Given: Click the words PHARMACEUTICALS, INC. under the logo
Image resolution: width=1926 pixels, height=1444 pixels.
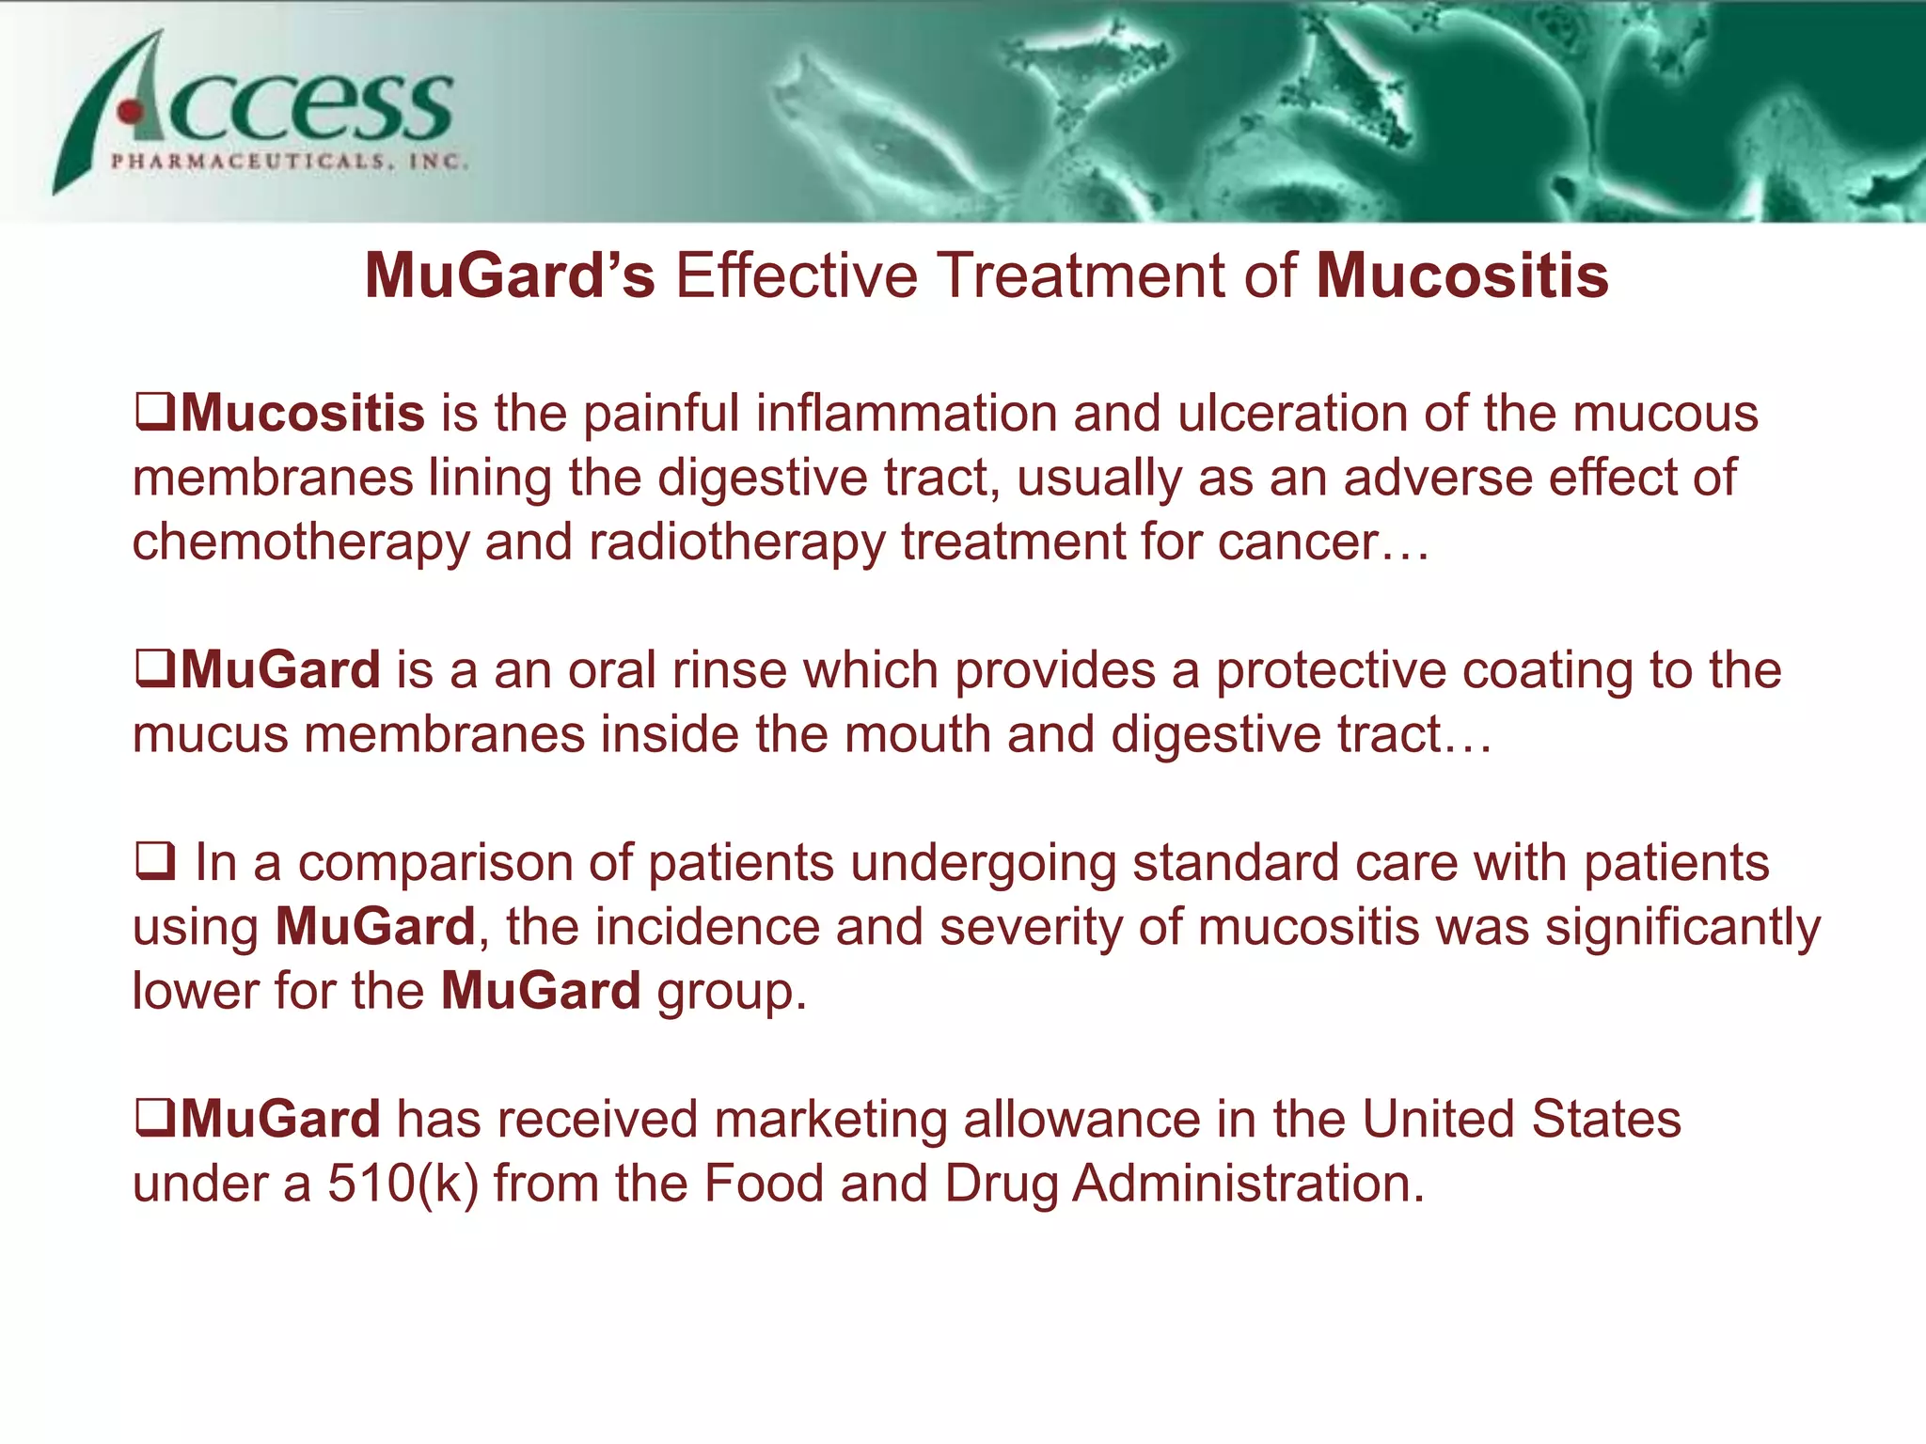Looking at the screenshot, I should (289, 162).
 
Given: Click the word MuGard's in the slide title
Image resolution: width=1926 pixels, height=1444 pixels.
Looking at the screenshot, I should (509, 276).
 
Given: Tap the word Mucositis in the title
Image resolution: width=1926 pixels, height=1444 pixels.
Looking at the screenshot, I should (1461, 276).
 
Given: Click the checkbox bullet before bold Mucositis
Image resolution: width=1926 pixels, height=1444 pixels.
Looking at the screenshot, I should (154, 413).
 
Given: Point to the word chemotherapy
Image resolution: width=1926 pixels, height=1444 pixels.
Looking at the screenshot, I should (300, 542).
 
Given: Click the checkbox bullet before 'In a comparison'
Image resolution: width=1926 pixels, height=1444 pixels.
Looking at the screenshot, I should (154, 862).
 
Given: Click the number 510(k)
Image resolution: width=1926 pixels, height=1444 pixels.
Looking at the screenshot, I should (403, 1184).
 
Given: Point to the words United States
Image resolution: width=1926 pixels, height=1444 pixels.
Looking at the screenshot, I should (1521, 1120).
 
